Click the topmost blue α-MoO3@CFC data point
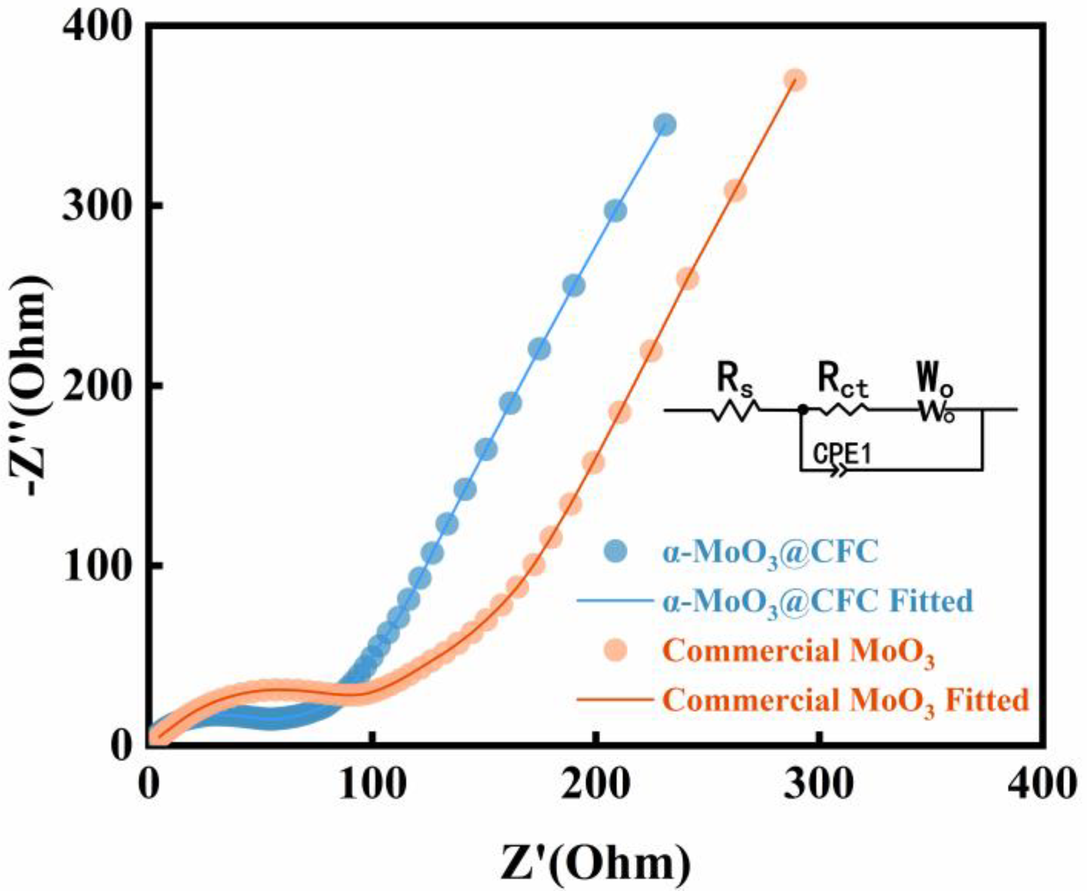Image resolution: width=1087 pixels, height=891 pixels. (x=665, y=125)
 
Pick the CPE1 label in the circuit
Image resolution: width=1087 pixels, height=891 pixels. (x=841, y=455)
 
